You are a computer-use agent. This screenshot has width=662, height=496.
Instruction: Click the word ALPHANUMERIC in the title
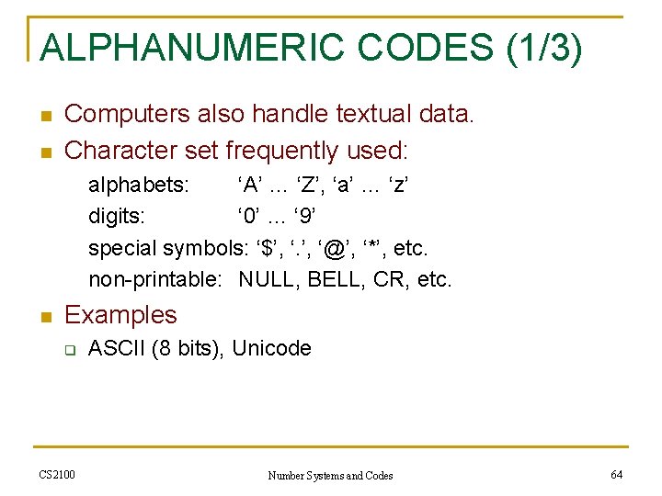pos(185,48)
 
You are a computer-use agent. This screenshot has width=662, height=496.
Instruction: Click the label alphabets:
pos(139,186)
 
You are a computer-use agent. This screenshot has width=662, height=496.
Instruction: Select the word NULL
pos(268,279)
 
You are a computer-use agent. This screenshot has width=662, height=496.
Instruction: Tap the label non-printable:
pos(155,279)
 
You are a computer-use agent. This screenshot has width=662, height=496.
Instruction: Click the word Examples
pos(120,315)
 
